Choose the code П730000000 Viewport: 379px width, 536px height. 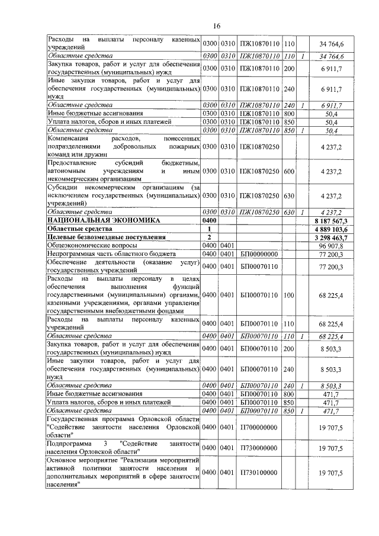click(259, 450)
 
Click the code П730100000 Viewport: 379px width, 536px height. click(259, 474)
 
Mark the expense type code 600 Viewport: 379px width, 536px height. click(289, 171)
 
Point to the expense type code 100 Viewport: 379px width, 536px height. click(289, 295)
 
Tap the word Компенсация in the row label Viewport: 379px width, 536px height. click(68, 138)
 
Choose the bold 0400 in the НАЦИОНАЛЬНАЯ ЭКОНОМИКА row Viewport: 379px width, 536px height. click(210, 220)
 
